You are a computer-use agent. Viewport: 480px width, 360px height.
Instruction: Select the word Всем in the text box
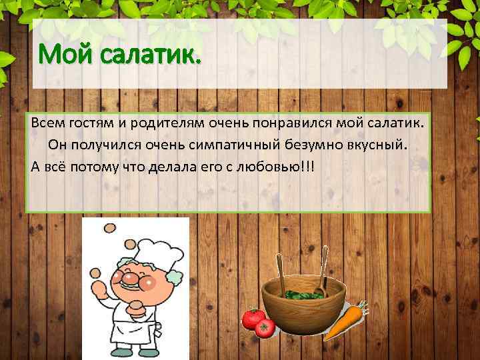pos(48,125)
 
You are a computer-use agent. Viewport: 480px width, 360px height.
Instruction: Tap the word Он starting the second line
pos(57,145)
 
